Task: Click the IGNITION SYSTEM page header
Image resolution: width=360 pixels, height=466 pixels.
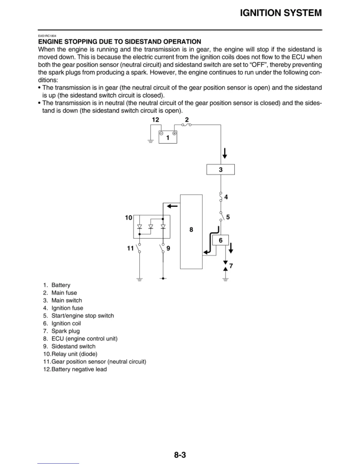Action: (281, 13)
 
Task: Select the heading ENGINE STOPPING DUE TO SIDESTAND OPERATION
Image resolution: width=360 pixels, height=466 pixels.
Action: (120, 42)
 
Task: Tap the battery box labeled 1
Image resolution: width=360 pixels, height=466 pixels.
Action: (168, 137)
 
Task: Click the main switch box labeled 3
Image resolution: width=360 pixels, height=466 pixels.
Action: (221, 169)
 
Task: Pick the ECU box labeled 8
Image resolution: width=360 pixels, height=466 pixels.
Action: (191, 232)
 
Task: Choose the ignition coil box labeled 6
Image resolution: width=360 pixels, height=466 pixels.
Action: (221, 240)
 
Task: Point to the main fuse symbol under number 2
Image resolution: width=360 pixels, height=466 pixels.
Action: (186, 125)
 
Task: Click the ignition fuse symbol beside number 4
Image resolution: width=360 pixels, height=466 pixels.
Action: (221, 197)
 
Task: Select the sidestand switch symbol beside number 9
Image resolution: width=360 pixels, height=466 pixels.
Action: (162, 248)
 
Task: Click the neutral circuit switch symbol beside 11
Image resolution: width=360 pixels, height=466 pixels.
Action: (139, 248)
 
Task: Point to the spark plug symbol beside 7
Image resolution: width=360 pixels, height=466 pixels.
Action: (225, 265)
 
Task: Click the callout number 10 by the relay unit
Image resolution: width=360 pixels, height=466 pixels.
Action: (129, 218)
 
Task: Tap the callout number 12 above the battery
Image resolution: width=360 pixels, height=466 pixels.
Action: (155, 120)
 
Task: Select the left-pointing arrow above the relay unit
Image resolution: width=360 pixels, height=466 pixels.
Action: (172, 206)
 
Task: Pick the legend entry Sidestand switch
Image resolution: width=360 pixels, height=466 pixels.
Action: (73, 346)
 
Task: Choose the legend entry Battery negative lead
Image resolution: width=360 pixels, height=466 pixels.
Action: (79, 369)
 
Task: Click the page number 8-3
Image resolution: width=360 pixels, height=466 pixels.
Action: (180, 455)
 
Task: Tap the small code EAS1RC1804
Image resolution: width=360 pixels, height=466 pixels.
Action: (47, 36)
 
